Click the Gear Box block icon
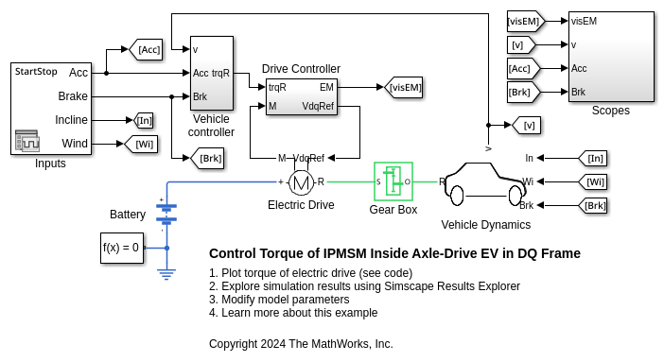[x=393, y=181]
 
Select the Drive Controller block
[x=302, y=96]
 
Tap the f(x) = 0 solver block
[x=122, y=249]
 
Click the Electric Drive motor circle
[x=301, y=182]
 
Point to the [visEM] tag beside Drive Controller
[x=403, y=88]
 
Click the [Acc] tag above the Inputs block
[x=146, y=49]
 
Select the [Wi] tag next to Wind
[x=141, y=144]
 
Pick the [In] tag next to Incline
[x=143, y=121]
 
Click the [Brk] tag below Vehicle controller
[x=207, y=159]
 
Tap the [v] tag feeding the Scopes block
[x=521, y=44]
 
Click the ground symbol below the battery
[x=166, y=275]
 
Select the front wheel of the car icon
[x=457, y=196]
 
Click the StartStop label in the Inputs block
[x=36, y=72]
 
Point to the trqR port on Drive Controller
[x=277, y=87]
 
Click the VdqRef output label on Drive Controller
[x=318, y=106]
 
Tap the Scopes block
[x=611, y=57]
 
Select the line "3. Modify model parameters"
[x=279, y=300]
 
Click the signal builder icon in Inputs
[x=27, y=141]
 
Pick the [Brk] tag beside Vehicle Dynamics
[x=593, y=206]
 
